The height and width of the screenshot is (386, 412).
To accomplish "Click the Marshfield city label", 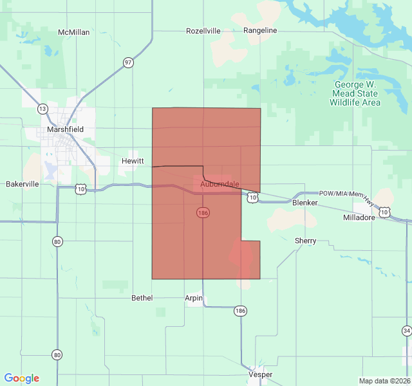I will point(65,129).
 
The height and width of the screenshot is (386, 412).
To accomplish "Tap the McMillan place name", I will point(73,32).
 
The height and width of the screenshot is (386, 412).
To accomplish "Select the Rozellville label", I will point(203,31).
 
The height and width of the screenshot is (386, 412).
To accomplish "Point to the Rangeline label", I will point(260,30).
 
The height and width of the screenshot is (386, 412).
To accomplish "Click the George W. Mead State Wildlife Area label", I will point(356,94).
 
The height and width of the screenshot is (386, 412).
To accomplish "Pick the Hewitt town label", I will point(133,161).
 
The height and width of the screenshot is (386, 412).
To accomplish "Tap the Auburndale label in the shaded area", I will point(220,185).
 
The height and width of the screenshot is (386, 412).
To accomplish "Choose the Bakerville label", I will point(23,184).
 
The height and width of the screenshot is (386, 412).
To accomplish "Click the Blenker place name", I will point(304,203).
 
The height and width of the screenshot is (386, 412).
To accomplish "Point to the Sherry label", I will point(305,241).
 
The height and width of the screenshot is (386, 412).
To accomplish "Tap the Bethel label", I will point(142,298).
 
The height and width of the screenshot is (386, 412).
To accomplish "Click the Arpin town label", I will point(194,298).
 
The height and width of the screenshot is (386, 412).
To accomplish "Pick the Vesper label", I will point(260,374).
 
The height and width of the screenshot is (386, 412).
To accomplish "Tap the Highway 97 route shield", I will point(129,62).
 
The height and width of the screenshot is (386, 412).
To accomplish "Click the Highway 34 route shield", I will point(406,331).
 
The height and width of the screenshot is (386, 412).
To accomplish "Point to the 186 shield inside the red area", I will point(202,212).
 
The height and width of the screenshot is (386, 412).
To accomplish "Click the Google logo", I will point(22,378).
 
